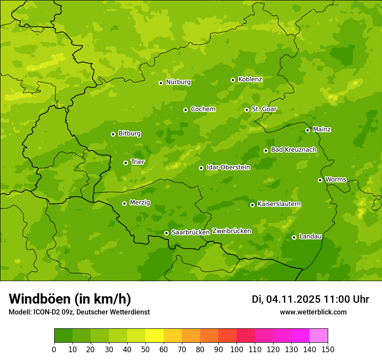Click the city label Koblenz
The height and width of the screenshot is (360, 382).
(250, 79)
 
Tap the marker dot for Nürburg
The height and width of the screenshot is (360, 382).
(161, 83)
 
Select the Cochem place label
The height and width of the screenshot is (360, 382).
(203, 109)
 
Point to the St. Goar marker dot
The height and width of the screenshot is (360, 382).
(247, 110)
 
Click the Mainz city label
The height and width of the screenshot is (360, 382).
(322, 129)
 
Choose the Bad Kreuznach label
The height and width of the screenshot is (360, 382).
(293, 150)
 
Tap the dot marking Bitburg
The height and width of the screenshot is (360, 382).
(113, 134)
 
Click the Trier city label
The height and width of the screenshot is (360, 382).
(138, 162)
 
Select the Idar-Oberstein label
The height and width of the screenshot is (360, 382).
(228, 167)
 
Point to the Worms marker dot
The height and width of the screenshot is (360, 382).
(320, 180)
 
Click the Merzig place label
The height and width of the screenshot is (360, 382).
(140, 203)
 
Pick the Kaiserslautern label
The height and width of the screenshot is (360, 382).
(279, 204)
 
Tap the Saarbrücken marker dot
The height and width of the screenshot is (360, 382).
(166, 233)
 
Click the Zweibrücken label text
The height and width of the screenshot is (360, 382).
(231, 231)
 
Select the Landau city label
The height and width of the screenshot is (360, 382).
(310, 236)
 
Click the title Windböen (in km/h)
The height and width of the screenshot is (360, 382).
(70, 299)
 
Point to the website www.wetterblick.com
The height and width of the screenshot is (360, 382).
(313, 312)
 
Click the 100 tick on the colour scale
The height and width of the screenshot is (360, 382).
(236, 350)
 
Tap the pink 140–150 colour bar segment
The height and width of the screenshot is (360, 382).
(319, 336)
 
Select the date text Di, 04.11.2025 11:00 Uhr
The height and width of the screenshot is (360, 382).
(310, 299)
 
